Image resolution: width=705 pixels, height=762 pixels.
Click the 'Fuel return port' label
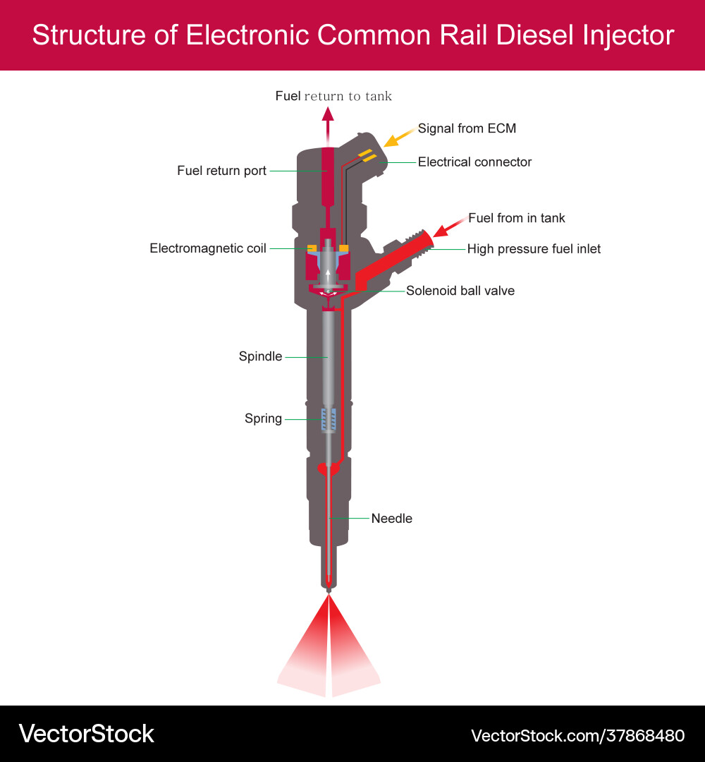tap(221, 171)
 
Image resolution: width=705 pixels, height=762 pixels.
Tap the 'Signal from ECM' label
tap(467, 128)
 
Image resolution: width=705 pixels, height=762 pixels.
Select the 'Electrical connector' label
tap(474, 162)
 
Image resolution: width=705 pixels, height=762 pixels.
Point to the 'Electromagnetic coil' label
tap(208, 248)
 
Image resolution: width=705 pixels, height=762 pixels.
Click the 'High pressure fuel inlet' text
tap(534, 249)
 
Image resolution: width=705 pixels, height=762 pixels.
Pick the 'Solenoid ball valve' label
tap(460, 291)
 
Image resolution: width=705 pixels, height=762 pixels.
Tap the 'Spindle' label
tap(260, 357)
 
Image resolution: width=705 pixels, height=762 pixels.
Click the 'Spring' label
tap(263, 419)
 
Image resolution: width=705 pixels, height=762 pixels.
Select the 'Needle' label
tap(391, 519)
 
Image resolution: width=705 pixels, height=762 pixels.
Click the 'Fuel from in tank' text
tap(516, 218)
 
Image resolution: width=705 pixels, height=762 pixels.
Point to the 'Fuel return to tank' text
tap(333, 96)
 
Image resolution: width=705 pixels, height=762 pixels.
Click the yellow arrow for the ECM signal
tap(398, 137)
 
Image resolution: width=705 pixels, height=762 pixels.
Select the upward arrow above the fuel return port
tap(328, 124)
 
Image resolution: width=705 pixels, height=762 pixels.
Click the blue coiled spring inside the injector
tap(329, 421)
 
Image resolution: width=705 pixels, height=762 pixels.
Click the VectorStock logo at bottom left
tap(86, 734)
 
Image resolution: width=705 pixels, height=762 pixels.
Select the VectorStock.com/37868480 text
tap(577, 736)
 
